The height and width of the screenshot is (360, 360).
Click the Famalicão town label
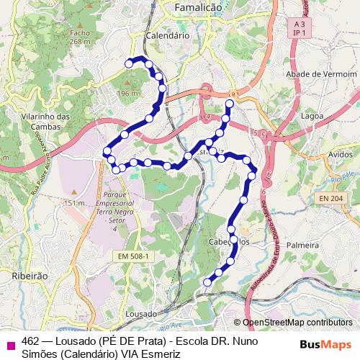[x=199, y=6]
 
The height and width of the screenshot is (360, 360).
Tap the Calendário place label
[x=167, y=34]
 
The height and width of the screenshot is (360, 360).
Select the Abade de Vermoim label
[x=321, y=74]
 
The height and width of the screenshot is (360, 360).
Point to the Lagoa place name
[x=312, y=114]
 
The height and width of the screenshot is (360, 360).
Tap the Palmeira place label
[x=302, y=245]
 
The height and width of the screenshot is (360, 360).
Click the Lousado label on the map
[x=140, y=315]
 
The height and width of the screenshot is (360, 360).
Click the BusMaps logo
[x=325, y=343]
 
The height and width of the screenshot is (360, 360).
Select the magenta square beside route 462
[x=10, y=344]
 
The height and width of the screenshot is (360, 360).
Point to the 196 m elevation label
[x=128, y=94]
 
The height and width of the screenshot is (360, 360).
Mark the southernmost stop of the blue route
[x=207, y=282]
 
